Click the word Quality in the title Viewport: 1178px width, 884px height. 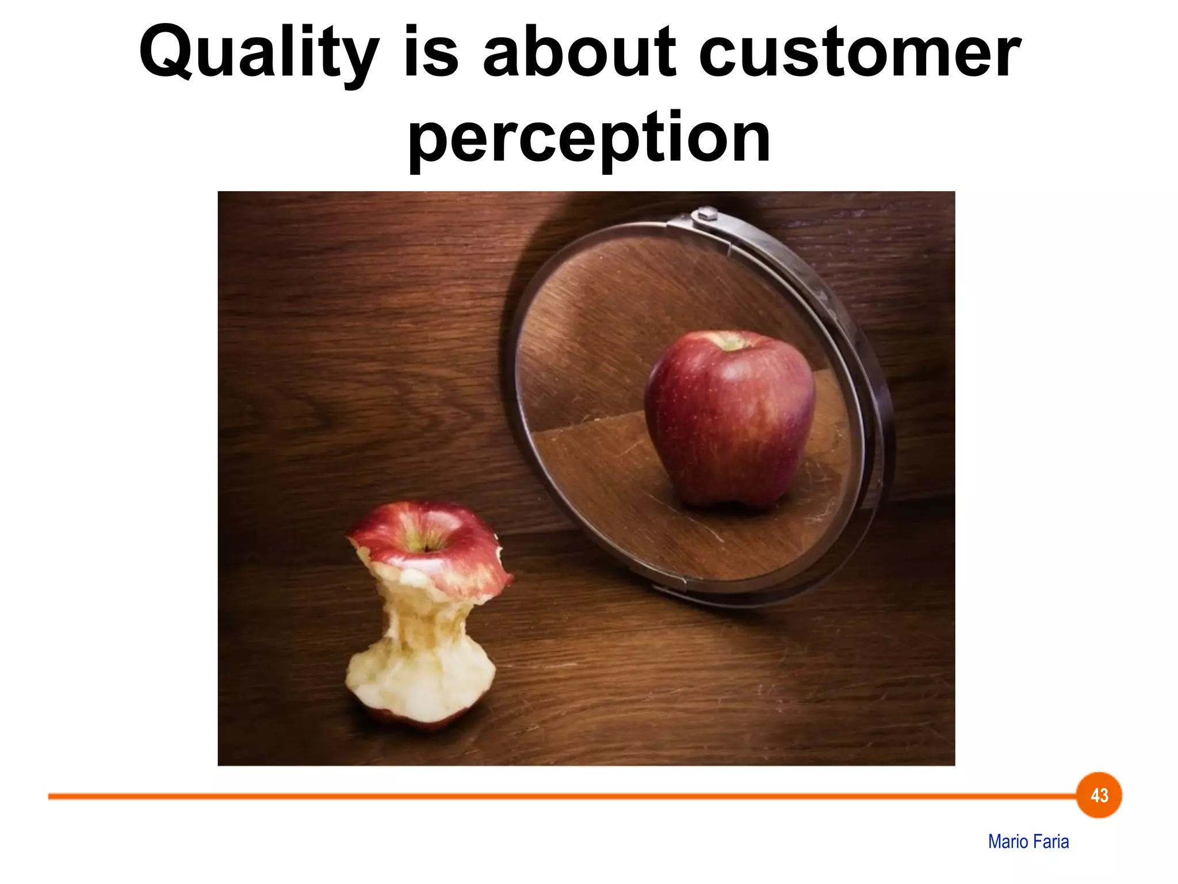(x=259, y=53)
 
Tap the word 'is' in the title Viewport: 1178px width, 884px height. (x=431, y=53)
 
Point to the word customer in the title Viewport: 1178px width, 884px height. (x=860, y=53)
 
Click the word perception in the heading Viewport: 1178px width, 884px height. (x=589, y=138)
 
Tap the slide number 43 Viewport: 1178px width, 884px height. (x=1099, y=795)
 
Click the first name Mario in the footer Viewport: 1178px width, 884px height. (x=1008, y=841)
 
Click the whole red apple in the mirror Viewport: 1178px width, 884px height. (x=729, y=420)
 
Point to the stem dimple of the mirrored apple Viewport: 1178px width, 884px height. (x=730, y=344)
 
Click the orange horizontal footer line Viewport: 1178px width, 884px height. (x=518, y=797)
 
